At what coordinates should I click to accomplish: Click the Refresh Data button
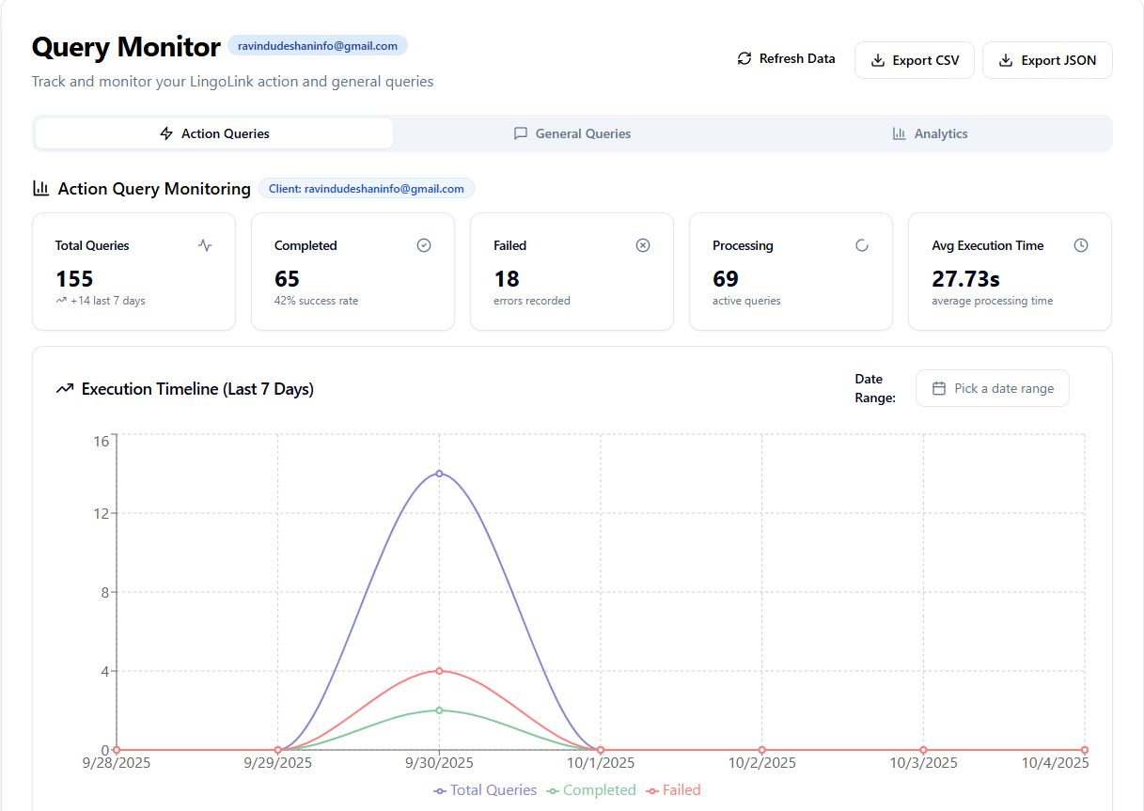[x=786, y=59]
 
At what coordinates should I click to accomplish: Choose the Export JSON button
[x=1047, y=60]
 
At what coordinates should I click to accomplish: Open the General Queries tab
[x=572, y=133]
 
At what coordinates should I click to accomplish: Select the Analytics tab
[x=930, y=133]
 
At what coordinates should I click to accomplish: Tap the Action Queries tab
[x=214, y=133]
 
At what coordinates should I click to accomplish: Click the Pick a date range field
[x=992, y=388]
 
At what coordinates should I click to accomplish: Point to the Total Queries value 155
[x=74, y=279]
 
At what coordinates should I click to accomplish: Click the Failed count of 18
[x=507, y=279]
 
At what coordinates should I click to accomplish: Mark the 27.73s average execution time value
[x=966, y=279]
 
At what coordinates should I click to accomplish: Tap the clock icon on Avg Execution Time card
[x=1081, y=245]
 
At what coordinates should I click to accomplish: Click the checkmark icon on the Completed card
[x=424, y=245]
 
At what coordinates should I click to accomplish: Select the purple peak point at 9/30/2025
[x=439, y=474]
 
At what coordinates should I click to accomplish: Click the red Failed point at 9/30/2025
[x=439, y=671]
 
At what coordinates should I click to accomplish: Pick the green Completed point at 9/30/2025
[x=439, y=710]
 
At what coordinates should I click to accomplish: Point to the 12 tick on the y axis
[x=101, y=513]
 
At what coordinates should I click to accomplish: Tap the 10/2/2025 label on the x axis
[x=761, y=763]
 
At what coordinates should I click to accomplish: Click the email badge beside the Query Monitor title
[x=318, y=45]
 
